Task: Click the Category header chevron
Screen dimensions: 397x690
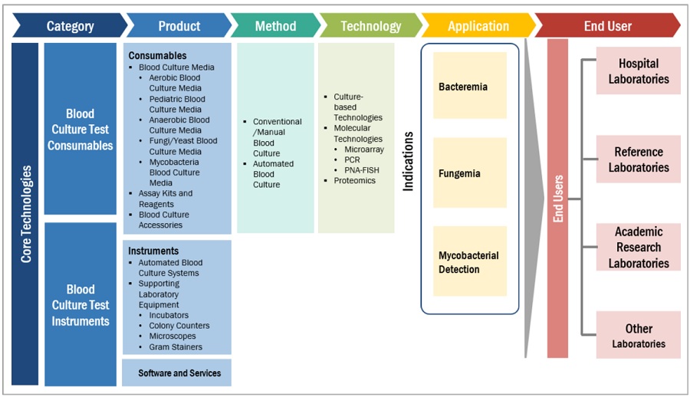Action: [x=70, y=26]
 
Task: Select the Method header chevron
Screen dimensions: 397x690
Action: [x=275, y=26]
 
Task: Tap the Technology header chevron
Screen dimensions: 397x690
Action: [x=370, y=26]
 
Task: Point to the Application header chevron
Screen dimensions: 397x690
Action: [x=478, y=26]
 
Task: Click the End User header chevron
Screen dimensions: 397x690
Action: [x=607, y=26]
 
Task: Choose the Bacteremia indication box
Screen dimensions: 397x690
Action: [x=470, y=86]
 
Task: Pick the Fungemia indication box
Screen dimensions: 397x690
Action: [x=470, y=173]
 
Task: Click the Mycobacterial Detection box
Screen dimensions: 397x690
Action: [x=470, y=261]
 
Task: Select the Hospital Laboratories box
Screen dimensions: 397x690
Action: [x=639, y=71]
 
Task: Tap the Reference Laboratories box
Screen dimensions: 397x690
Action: [x=639, y=159]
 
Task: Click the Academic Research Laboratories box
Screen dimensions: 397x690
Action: [x=639, y=247]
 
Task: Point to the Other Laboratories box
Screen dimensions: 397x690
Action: [x=639, y=335]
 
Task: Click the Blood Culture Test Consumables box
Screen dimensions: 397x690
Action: [x=80, y=130]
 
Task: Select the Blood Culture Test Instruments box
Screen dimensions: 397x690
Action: [x=80, y=305]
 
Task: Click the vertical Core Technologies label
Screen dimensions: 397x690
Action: [x=25, y=215]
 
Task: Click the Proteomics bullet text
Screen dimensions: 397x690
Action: [x=355, y=181]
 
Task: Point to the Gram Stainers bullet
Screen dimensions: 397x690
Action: [x=176, y=347]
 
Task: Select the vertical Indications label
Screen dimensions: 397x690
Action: [x=409, y=161]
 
